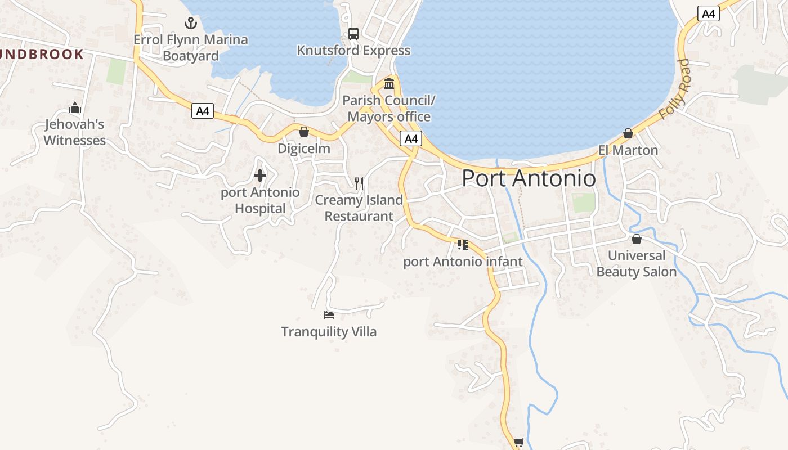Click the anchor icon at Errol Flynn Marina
(x=191, y=23)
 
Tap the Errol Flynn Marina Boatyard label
(x=191, y=48)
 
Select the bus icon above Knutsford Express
(x=353, y=34)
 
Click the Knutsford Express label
(x=353, y=51)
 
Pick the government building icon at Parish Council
(x=389, y=84)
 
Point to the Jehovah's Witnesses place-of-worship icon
(x=75, y=107)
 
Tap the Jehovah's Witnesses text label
(x=75, y=132)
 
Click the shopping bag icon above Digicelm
(x=304, y=132)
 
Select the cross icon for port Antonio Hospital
(x=260, y=175)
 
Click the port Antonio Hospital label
(x=260, y=200)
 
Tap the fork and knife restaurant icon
(x=359, y=183)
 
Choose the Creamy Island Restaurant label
(x=359, y=208)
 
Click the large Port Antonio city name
(x=529, y=178)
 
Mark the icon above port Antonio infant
(x=463, y=245)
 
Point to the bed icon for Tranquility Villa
(x=329, y=315)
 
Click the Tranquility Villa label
(x=329, y=332)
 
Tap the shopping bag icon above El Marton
(x=628, y=133)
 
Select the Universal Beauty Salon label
(x=637, y=264)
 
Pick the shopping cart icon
(x=518, y=443)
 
